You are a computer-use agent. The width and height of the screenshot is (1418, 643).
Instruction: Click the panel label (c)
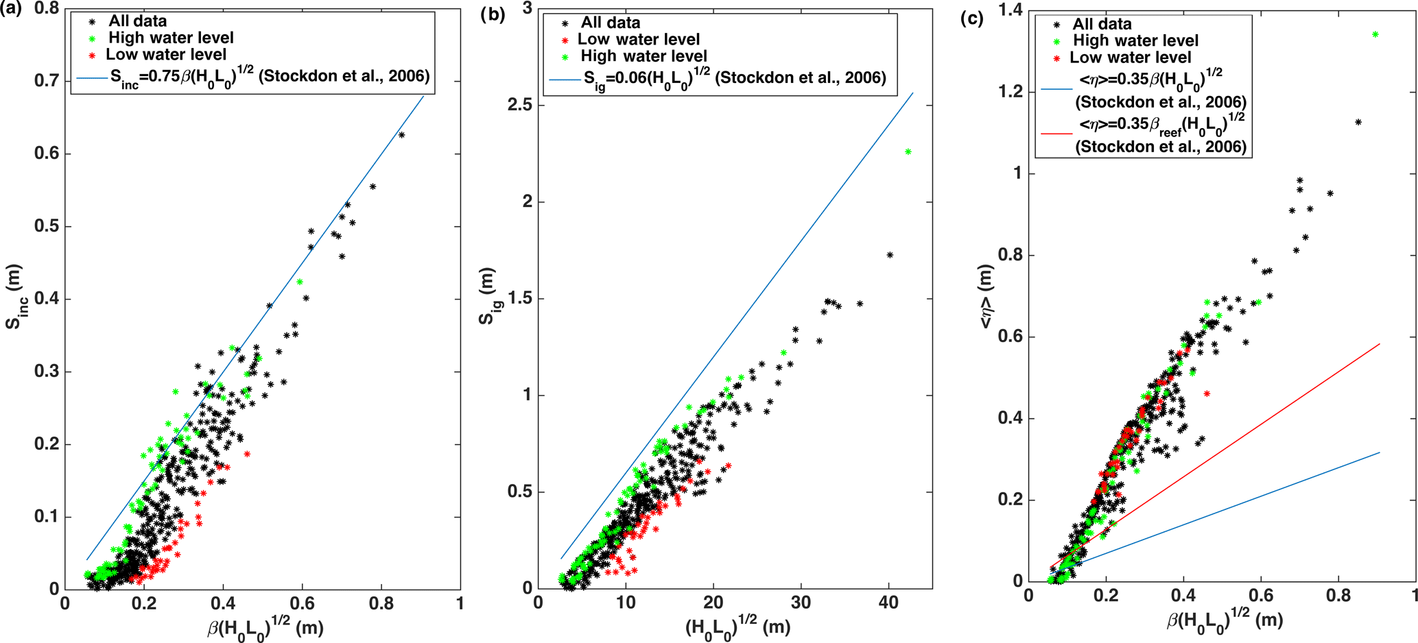coord(971,19)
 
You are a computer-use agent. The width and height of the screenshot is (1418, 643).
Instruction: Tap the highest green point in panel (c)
coord(1375,34)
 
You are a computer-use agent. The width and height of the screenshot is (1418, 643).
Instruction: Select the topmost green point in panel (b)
coord(908,151)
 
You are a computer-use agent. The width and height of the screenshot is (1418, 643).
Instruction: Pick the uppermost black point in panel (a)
coord(402,135)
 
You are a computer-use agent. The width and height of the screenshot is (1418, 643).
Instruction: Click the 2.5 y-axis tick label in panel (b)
coord(520,106)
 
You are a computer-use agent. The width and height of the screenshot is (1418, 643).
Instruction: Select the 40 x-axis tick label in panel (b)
coord(888,603)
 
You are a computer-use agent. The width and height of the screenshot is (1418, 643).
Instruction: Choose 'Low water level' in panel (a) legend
coord(166,54)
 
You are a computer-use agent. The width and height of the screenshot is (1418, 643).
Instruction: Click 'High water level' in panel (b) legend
coord(643,56)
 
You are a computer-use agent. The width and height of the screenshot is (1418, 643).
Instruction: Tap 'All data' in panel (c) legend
coord(1102,24)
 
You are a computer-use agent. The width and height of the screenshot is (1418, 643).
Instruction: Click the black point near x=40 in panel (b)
coord(890,255)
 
